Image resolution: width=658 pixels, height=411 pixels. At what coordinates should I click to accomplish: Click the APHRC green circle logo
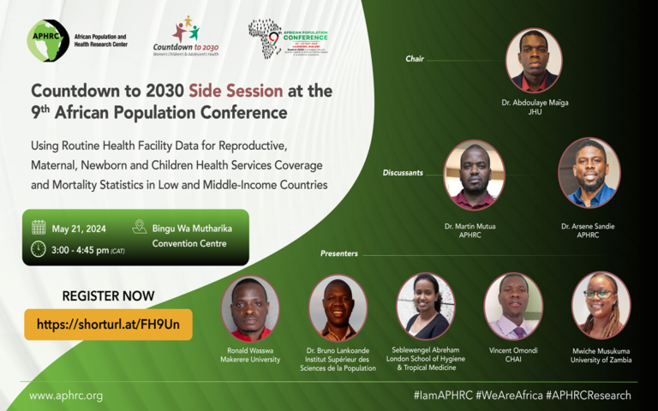point(49,40)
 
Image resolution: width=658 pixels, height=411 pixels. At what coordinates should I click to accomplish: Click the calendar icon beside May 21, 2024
point(39,228)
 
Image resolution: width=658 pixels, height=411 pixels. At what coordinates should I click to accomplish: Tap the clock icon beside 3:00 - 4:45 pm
point(39,249)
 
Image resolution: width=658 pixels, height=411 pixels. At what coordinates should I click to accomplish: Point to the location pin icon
point(140,228)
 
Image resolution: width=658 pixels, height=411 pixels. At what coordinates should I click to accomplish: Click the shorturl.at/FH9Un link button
point(108,325)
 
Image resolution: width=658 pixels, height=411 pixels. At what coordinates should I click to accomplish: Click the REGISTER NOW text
point(108,296)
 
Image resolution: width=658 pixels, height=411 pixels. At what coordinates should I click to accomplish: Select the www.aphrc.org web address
point(66,396)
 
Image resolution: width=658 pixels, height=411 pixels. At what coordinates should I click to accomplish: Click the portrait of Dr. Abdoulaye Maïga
point(534,60)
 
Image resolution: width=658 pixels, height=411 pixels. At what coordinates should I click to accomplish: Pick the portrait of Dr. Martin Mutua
point(474,175)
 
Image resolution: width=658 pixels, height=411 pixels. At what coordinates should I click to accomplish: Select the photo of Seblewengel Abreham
point(426,306)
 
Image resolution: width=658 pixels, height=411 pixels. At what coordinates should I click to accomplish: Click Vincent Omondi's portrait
point(512,306)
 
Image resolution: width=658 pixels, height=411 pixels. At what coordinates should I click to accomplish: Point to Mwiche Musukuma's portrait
point(601,305)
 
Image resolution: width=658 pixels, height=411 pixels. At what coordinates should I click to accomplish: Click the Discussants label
point(403,172)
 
